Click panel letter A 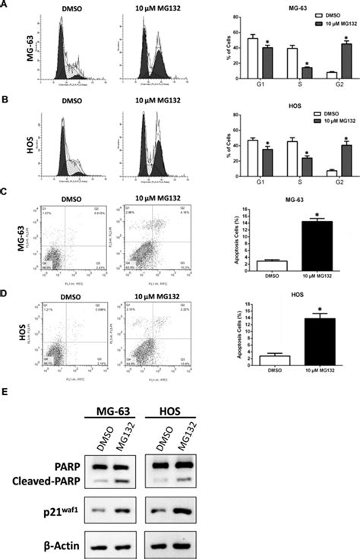coord(5,5)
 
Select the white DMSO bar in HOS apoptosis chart coord(264,362)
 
